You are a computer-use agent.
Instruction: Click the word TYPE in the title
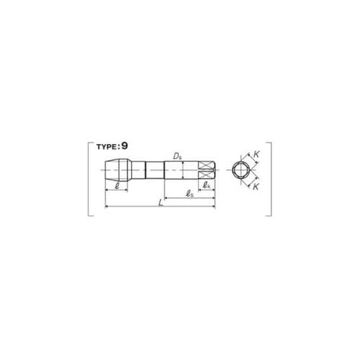tap(107, 147)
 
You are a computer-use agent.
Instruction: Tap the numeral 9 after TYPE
tap(125, 146)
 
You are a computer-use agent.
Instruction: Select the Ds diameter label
tap(177, 156)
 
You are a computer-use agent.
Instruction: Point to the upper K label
tap(256, 155)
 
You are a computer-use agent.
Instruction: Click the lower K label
tap(256, 186)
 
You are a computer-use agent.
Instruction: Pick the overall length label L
tap(161, 203)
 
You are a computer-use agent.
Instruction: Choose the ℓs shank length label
tap(189, 194)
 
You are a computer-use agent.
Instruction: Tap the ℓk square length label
tap(207, 185)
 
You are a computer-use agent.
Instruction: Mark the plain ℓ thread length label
tap(117, 186)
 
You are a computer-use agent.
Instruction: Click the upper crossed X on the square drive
tap(207, 165)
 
